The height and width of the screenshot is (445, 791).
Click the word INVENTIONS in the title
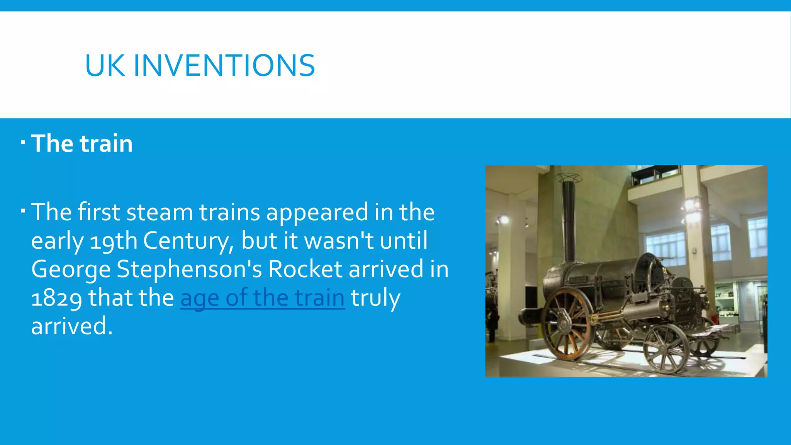tap(224, 65)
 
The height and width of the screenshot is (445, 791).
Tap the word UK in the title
tap(105, 65)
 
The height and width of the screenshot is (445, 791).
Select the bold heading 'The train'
tap(82, 143)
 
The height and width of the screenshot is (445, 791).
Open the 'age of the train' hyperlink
tap(262, 298)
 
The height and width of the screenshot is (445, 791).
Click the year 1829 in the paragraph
tap(56, 298)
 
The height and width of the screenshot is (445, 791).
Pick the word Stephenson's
tap(191, 269)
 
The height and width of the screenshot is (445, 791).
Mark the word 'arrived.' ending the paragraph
tap(72, 326)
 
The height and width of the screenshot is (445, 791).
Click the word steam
tap(160, 212)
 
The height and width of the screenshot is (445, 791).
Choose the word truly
tap(375, 298)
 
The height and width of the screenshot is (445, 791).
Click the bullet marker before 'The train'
tap(23, 143)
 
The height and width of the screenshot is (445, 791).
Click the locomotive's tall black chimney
tap(569, 220)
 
